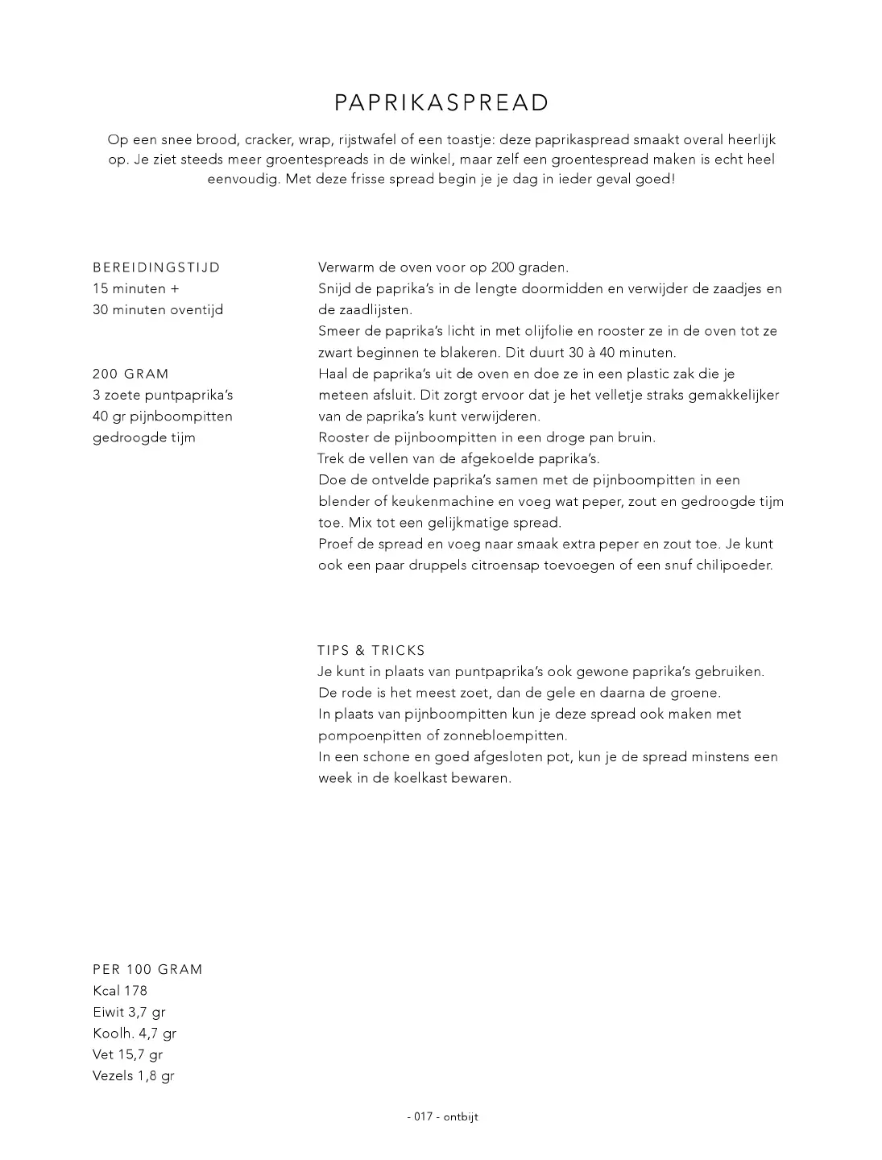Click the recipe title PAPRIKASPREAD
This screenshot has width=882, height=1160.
point(441,103)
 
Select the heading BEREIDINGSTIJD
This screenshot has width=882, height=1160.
point(156,267)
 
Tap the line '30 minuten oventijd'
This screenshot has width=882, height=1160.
point(158,310)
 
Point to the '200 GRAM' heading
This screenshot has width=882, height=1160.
point(131,374)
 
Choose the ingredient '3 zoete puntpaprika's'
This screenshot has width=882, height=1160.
point(163,396)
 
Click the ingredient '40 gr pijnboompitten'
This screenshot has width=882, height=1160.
point(163,416)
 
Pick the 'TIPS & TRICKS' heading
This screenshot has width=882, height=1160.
point(371,651)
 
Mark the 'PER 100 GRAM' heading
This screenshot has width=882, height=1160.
point(147,970)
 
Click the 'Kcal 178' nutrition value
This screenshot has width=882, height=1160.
point(120,991)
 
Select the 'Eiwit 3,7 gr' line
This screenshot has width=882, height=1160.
point(129,1013)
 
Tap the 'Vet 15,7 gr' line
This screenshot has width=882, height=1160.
point(127,1054)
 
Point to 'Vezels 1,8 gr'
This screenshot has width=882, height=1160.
point(133,1076)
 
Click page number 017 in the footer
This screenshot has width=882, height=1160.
point(424,1117)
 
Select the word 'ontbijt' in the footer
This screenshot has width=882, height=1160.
point(460,1117)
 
